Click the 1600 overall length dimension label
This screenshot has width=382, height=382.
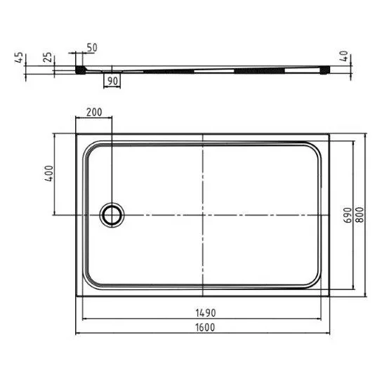tap(205, 327)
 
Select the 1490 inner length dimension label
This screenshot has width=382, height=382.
tap(206, 313)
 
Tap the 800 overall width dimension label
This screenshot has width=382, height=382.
tap(360, 215)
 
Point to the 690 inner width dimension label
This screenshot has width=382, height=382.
tap(348, 215)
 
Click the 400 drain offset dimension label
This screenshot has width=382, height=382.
tap(49, 173)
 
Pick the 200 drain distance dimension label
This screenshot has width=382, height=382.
tap(94, 112)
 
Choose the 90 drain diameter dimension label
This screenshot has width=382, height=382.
tap(112, 81)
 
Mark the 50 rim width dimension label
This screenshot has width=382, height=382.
tap(92, 48)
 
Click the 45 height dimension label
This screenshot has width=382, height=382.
tap(19, 58)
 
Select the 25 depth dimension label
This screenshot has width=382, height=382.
tap(48, 58)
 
